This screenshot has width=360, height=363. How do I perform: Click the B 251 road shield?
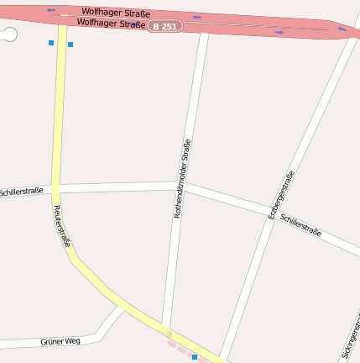[x=164, y=27]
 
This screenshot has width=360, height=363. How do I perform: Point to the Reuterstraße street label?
[x=62, y=225]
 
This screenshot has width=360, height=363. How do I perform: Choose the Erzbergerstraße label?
[x=281, y=195]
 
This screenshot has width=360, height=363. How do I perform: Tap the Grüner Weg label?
[x=60, y=341]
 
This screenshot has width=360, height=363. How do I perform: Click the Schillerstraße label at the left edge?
[x=22, y=192]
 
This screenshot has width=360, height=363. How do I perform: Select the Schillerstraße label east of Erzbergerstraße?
[x=301, y=225]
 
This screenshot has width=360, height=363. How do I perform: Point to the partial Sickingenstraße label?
[x=352, y=336]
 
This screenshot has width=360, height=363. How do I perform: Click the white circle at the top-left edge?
[x=9, y=34]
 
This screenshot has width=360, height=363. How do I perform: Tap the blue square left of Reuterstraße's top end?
[x=51, y=42]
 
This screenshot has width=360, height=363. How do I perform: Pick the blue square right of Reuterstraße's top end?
[x=70, y=44]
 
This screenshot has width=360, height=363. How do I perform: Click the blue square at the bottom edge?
[x=195, y=357]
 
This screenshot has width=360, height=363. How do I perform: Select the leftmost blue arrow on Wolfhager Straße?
[x=51, y=11]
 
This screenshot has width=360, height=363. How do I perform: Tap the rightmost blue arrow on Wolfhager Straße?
[x=342, y=29]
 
